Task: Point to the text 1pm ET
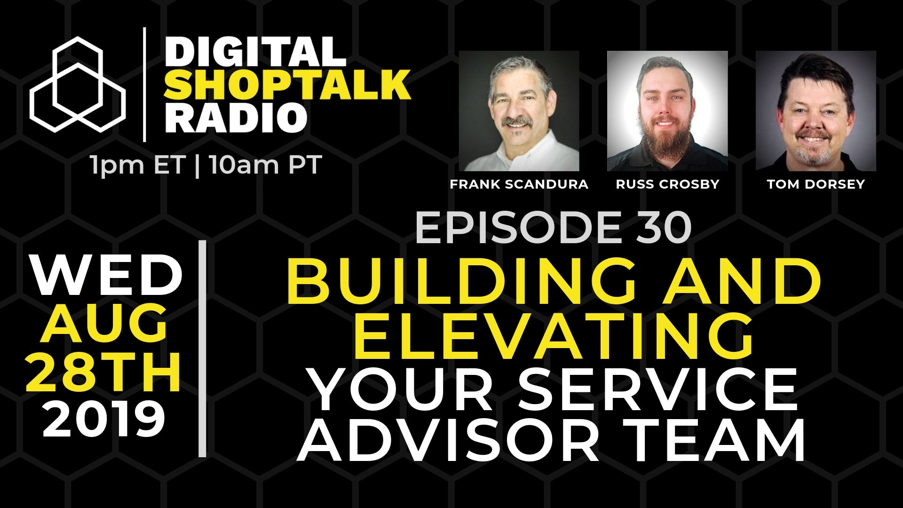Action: click(137, 166)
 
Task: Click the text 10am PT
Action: click(266, 166)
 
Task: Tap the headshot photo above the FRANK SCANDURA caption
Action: click(519, 111)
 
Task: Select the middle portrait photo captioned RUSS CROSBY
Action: click(667, 111)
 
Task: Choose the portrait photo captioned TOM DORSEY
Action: click(816, 111)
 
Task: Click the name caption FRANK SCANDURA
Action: click(519, 184)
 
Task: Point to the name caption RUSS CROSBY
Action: click(667, 184)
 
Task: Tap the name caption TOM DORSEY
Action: click(816, 184)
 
